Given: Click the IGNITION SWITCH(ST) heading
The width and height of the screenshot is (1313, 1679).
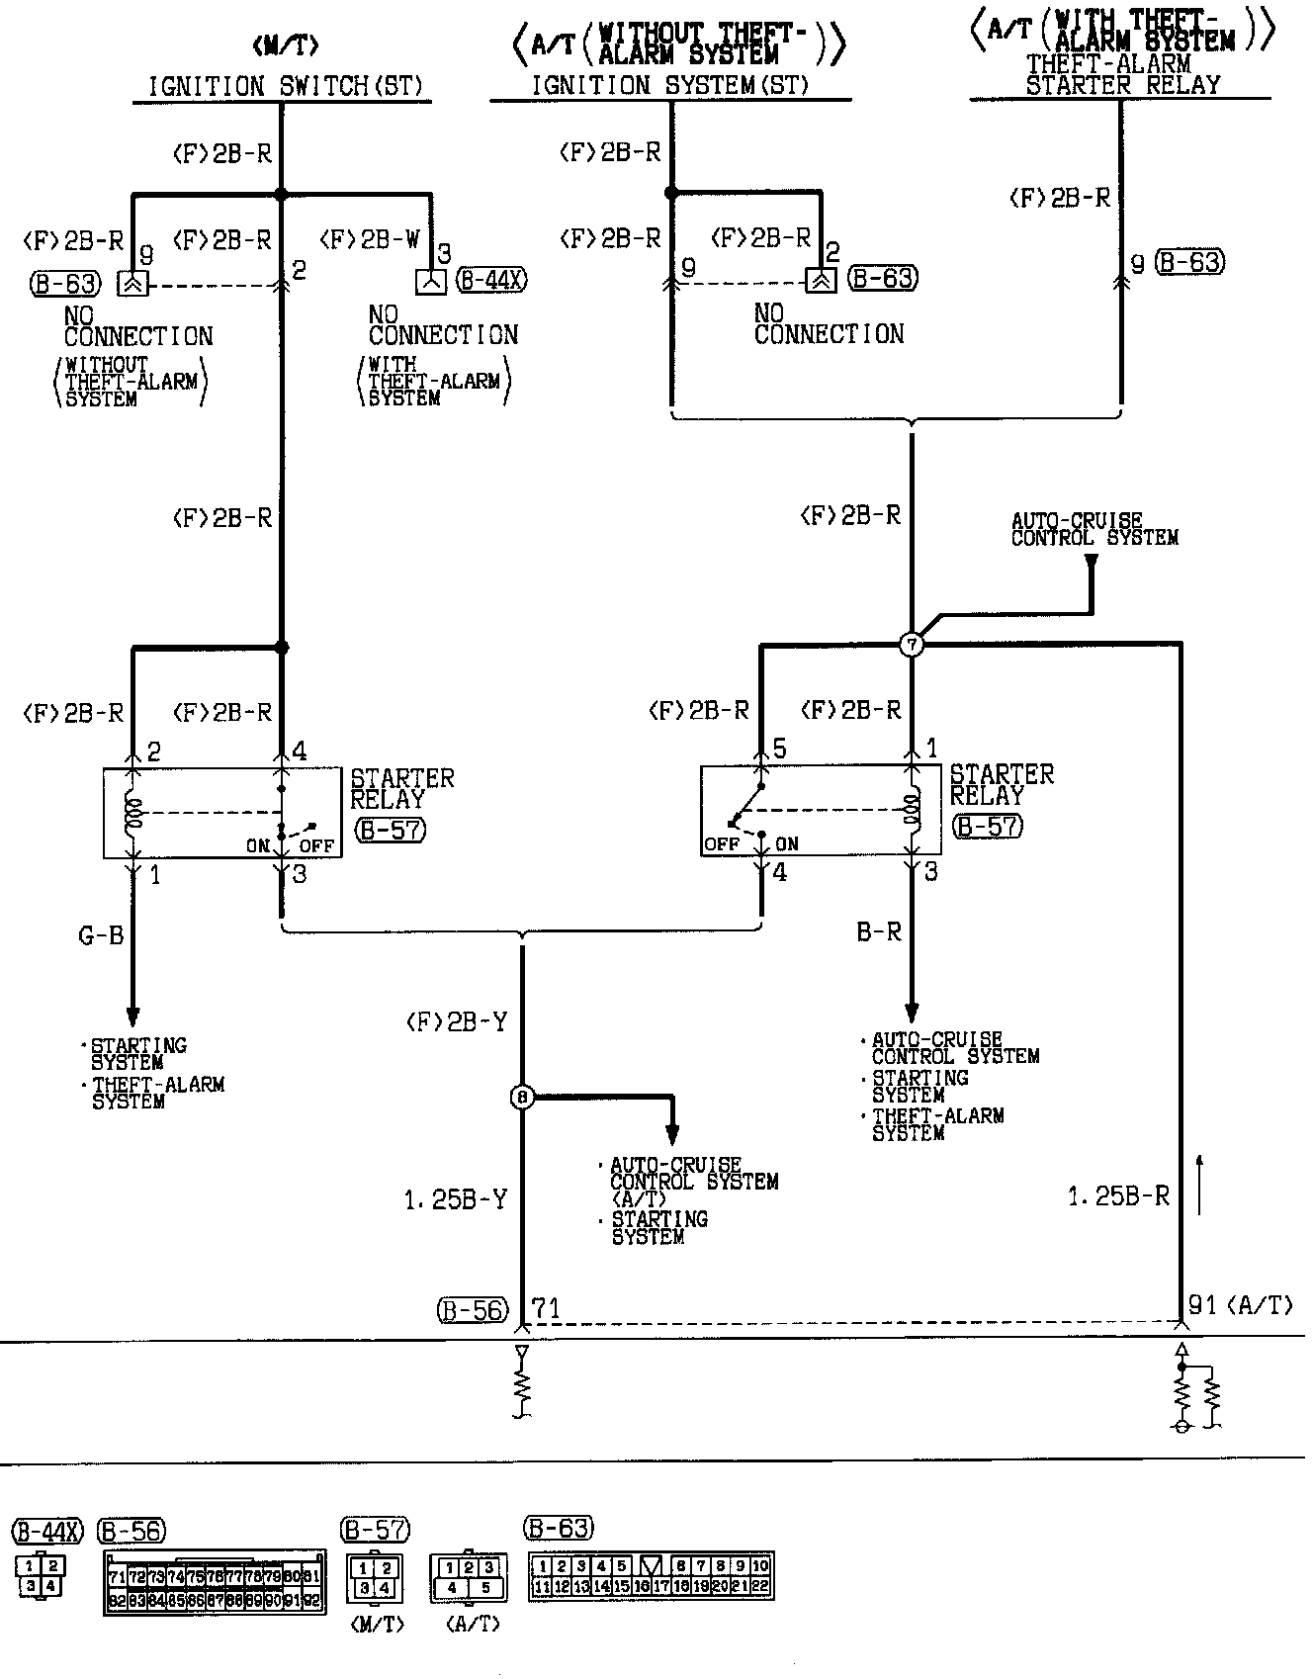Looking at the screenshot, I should tap(286, 86).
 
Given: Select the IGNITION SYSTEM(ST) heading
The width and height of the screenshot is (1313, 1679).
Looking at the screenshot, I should tap(670, 86).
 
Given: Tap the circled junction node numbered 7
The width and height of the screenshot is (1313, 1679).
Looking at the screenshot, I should tap(912, 645).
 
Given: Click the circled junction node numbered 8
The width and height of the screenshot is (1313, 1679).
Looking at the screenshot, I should tap(522, 1097).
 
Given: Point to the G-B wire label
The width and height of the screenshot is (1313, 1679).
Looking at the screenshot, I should tap(102, 934).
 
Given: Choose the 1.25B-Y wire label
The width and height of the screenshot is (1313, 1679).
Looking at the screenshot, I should tap(455, 1199).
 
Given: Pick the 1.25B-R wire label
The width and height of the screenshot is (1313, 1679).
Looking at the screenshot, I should tap(1118, 1196).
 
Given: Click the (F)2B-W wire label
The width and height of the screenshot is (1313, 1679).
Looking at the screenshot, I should tap(371, 239).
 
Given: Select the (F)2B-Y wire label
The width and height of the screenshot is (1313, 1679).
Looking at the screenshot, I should tap(456, 1022).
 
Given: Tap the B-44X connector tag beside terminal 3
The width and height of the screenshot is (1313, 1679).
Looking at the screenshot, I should tap(492, 281).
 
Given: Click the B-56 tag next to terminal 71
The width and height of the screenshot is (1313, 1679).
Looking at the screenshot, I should tap(473, 1310).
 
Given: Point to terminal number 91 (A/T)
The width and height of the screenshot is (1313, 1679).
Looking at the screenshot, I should tap(1240, 1305).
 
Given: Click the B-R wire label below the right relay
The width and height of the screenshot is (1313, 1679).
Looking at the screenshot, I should tap(879, 931).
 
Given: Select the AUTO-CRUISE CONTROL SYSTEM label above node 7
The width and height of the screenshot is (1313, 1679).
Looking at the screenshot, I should tap(1094, 529).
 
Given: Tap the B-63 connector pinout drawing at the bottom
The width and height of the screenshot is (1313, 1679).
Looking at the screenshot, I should tap(651, 1576).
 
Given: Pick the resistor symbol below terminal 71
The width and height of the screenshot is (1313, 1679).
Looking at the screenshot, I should tap(522, 1384).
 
